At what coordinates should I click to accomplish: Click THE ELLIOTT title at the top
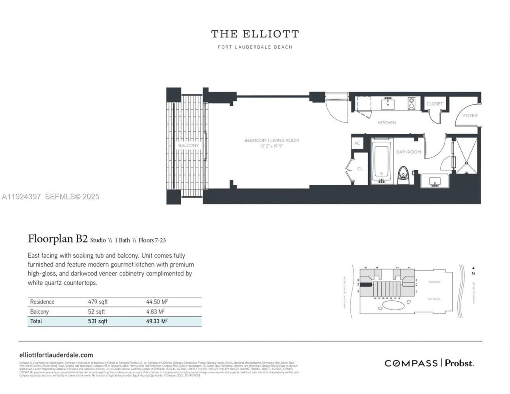(x=255, y=34)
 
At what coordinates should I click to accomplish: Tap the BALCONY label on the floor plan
(x=188, y=145)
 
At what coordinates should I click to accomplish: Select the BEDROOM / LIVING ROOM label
(x=271, y=140)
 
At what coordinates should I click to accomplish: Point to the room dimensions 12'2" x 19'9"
(x=271, y=146)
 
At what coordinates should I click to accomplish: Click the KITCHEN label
(x=387, y=123)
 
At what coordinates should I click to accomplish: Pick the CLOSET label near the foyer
(x=435, y=104)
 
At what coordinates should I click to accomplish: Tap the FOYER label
(x=470, y=116)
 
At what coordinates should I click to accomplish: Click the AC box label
(x=357, y=143)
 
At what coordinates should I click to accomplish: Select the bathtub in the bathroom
(x=382, y=161)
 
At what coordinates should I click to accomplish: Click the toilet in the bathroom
(x=404, y=174)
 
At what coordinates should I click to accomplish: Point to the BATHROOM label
(x=408, y=152)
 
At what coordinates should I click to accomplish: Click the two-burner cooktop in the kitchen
(x=411, y=104)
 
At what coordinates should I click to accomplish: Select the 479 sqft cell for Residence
(x=98, y=302)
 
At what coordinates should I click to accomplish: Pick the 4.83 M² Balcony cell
(x=155, y=312)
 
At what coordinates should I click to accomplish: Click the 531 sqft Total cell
(x=98, y=321)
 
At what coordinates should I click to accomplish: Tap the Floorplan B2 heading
(x=58, y=239)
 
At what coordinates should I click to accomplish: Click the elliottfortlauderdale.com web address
(x=56, y=355)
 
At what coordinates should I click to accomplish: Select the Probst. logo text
(x=459, y=363)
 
